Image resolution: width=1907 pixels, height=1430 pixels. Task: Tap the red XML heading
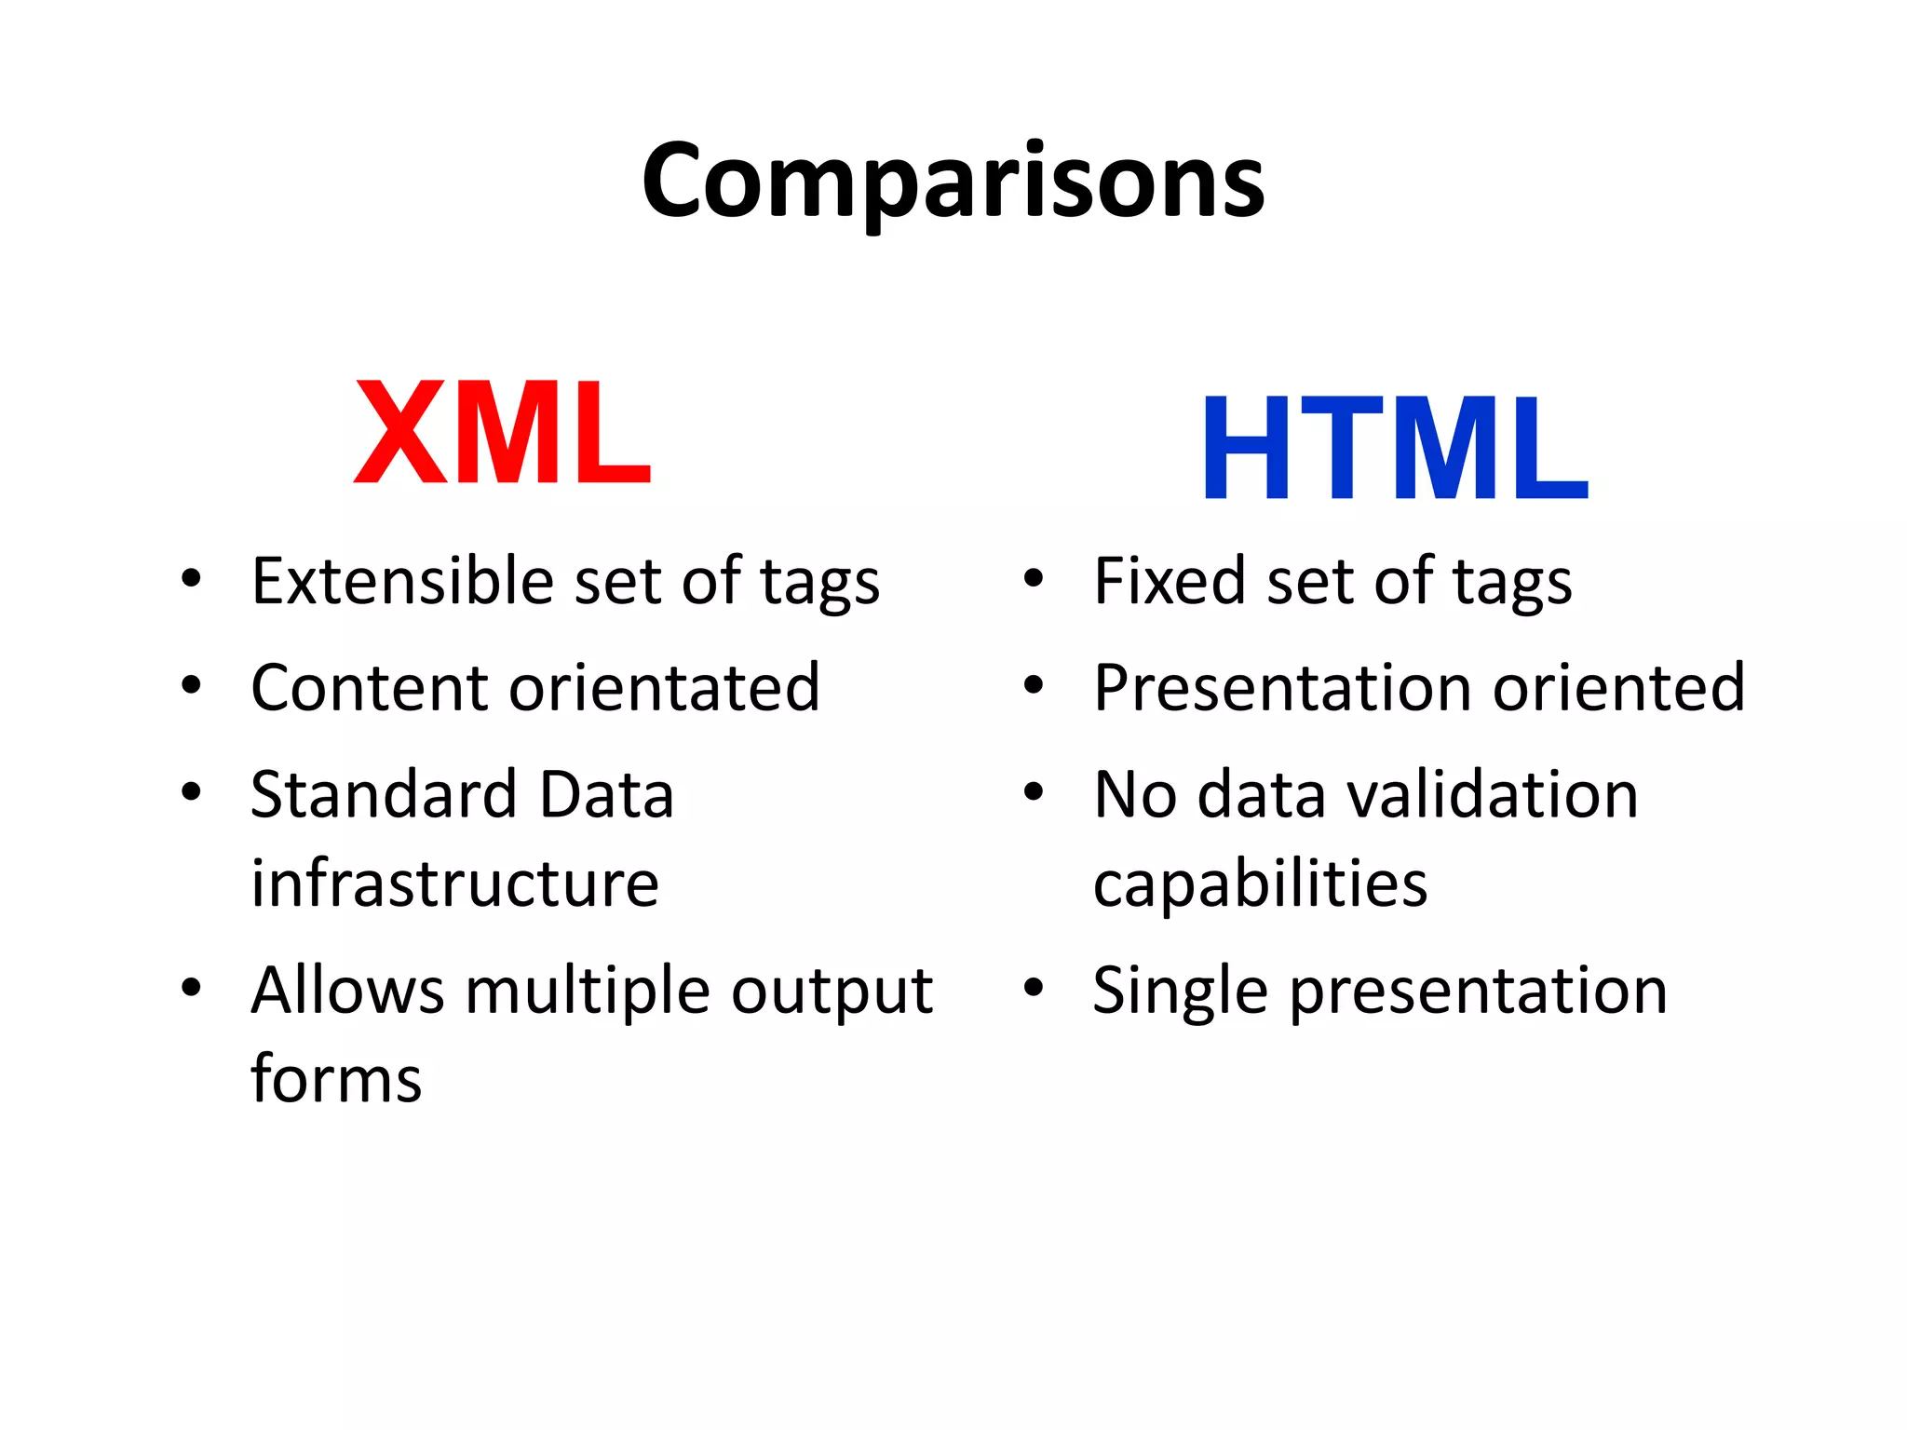tap(502, 433)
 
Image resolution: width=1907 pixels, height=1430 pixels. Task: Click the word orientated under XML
tap(664, 688)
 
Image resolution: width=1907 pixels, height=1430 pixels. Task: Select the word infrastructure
tap(454, 884)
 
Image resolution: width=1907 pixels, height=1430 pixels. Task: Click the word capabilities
tap(1260, 884)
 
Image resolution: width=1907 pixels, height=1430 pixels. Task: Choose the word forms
tap(336, 1079)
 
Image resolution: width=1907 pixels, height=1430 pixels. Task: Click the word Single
tap(1180, 991)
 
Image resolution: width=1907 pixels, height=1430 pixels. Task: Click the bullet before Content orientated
tap(191, 686)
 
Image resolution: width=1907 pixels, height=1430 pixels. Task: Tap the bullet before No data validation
tap(1033, 793)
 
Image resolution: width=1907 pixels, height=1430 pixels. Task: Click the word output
tap(832, 991)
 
